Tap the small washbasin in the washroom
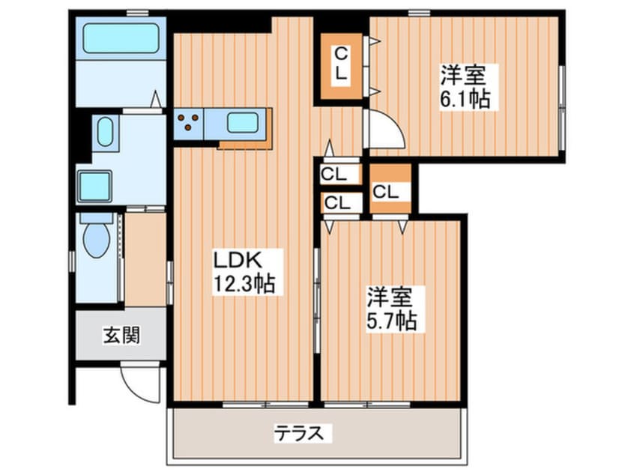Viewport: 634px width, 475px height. click(x=104, y=133)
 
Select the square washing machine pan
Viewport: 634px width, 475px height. click(x=94, y=185)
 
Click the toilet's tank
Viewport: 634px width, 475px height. click(x=96, y=219)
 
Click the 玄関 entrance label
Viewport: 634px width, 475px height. click(x=120, y=335)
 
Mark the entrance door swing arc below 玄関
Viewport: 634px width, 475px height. click(x=142, y=384)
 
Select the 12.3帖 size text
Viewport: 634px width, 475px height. click(x=244, y=283)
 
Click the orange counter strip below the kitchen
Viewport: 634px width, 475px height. click(x=244, y=144)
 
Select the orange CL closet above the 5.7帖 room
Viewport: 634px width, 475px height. click(x=390, y=190)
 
